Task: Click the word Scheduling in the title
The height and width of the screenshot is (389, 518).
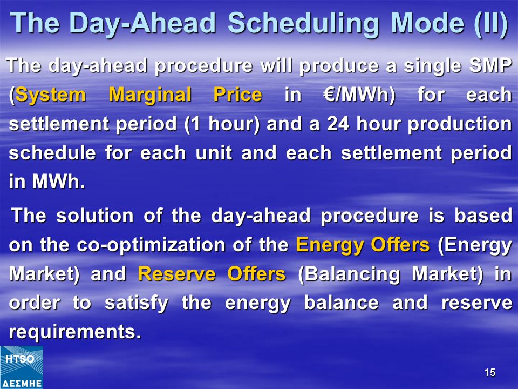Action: pos(303,24)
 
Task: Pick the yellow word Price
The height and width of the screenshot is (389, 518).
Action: pos(238,95)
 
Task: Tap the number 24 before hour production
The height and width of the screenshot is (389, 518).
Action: pos(338,124)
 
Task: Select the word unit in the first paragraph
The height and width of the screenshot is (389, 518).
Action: pos(214,153)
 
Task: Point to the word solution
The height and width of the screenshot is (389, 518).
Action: pos(95,216)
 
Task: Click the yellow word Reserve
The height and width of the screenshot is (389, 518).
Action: pos(177,274)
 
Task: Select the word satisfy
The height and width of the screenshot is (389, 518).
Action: pos(137,304)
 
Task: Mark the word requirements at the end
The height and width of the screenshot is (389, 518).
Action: pos(75,332)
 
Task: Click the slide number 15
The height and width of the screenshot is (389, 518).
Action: pos(489,372)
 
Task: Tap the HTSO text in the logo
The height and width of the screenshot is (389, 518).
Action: pos(20,359)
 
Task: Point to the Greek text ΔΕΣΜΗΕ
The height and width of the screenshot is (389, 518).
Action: pos(21,384)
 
